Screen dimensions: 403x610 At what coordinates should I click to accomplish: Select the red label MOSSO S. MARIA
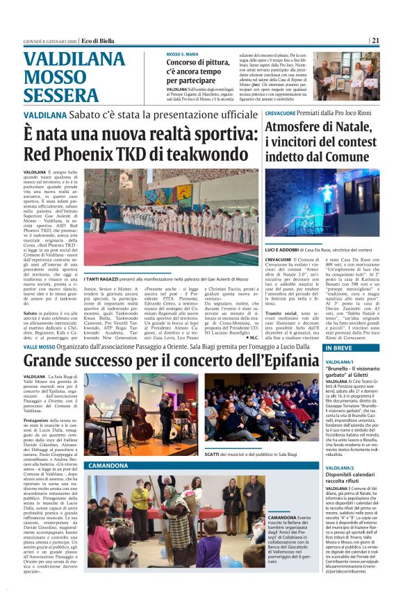(182, 54)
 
